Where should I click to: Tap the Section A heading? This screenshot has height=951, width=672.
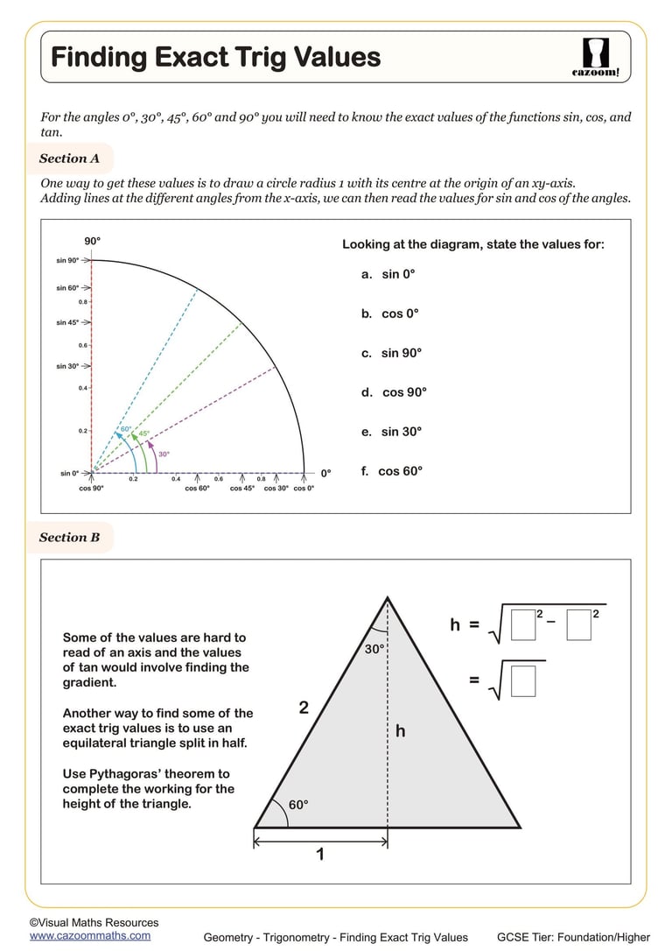(x=69, y=158)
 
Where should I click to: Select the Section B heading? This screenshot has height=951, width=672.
(x=69, y=538)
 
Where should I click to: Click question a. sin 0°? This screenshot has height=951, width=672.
(x=388, y=274)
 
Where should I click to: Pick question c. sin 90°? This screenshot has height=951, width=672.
(x=391, y=353)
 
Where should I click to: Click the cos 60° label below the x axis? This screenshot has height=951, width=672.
(x=197, y=489)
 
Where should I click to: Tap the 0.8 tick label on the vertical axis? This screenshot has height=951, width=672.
(x=82, y=302)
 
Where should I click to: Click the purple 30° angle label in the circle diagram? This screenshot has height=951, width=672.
(x=164, y=454)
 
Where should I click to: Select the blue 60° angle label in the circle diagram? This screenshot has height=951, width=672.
(x=126, y=429)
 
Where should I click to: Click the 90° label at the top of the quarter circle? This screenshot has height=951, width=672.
(x=93, y=241)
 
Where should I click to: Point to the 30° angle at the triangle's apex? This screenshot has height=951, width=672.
(x=374, y=650)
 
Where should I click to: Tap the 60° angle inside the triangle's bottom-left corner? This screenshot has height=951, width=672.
(x=298, y=805)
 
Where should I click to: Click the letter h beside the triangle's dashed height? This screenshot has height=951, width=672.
(x=401, y=730)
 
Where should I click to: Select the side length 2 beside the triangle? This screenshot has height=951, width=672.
(x=304, y=708)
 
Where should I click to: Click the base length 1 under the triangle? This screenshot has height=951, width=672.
(x=319, y=854)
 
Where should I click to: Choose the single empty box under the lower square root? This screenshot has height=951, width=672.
(x=522, y=681)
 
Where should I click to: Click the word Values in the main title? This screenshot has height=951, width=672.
(x=332, y=58)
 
